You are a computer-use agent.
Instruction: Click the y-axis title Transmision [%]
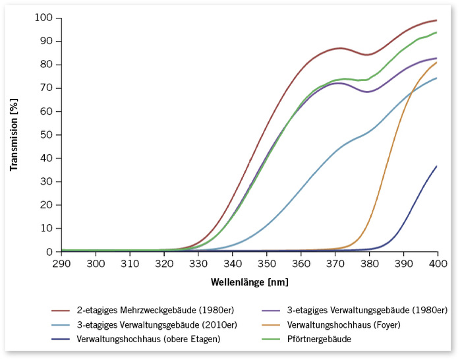14,135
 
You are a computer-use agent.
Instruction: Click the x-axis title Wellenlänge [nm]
249,282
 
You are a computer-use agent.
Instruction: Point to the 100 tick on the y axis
44,18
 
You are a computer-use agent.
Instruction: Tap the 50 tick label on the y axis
47,135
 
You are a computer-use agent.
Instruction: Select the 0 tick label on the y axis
49,252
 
